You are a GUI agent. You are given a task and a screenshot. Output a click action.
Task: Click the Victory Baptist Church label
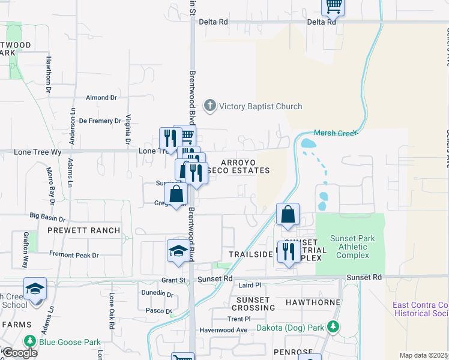[x=260, y=107]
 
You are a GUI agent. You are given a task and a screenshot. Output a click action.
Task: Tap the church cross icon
[x=209, y=106]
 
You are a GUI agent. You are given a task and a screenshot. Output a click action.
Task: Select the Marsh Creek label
[x=335, y=133]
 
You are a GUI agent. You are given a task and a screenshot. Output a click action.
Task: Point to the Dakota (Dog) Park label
[x=290, y=328]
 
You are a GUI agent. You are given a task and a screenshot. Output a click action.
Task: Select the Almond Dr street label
[x=101, y=97]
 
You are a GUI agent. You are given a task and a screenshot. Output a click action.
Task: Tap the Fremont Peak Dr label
[x=74, y=255]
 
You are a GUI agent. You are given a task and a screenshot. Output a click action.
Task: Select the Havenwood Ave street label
[x=224, y=330]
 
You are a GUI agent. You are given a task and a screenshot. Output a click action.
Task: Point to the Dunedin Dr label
[x=158, y=295]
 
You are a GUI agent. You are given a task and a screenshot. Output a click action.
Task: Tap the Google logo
[x=20, y=353]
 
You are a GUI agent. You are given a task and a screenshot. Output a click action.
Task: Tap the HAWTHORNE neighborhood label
[x=313, y=302]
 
